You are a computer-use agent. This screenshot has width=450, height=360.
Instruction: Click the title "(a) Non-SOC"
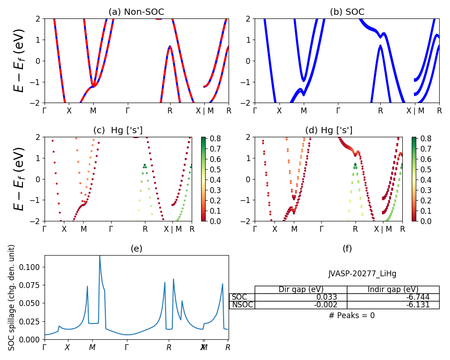pyautogui.click(x=136, y=12)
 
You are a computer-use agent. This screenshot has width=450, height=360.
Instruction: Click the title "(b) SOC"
pyautogui.click(x=347, y=12)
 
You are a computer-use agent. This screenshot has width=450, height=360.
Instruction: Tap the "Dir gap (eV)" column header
pyautogui.click(x=301, y=289)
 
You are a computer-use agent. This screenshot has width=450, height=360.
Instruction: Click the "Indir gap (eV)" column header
pyautogui.click(x=393, y=289)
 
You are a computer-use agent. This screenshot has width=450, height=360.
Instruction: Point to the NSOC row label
pyautogui.click(x=242, y=305)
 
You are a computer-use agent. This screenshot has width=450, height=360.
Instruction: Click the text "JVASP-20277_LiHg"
pyautogui.click(x=362, y=274)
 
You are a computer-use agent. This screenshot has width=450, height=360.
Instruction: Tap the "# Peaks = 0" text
pyautogui.click(x=351, y=315)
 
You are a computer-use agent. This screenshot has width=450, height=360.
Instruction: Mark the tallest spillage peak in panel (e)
pyautogui.click(x=99, y=256)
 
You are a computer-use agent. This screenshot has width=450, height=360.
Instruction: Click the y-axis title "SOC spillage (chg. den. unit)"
pyautogui.click(x=12, y=297)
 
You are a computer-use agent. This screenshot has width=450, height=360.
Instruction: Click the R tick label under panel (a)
pyautogui.click(x=170, y=110)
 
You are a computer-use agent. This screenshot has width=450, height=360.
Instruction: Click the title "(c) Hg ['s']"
pyautogui.click(x=118, y=130)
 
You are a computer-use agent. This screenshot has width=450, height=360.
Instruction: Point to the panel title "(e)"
pyautogui.click(x=136, y=248)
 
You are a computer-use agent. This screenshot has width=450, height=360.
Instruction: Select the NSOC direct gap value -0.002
pyautogui.click(x=334, y=305)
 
